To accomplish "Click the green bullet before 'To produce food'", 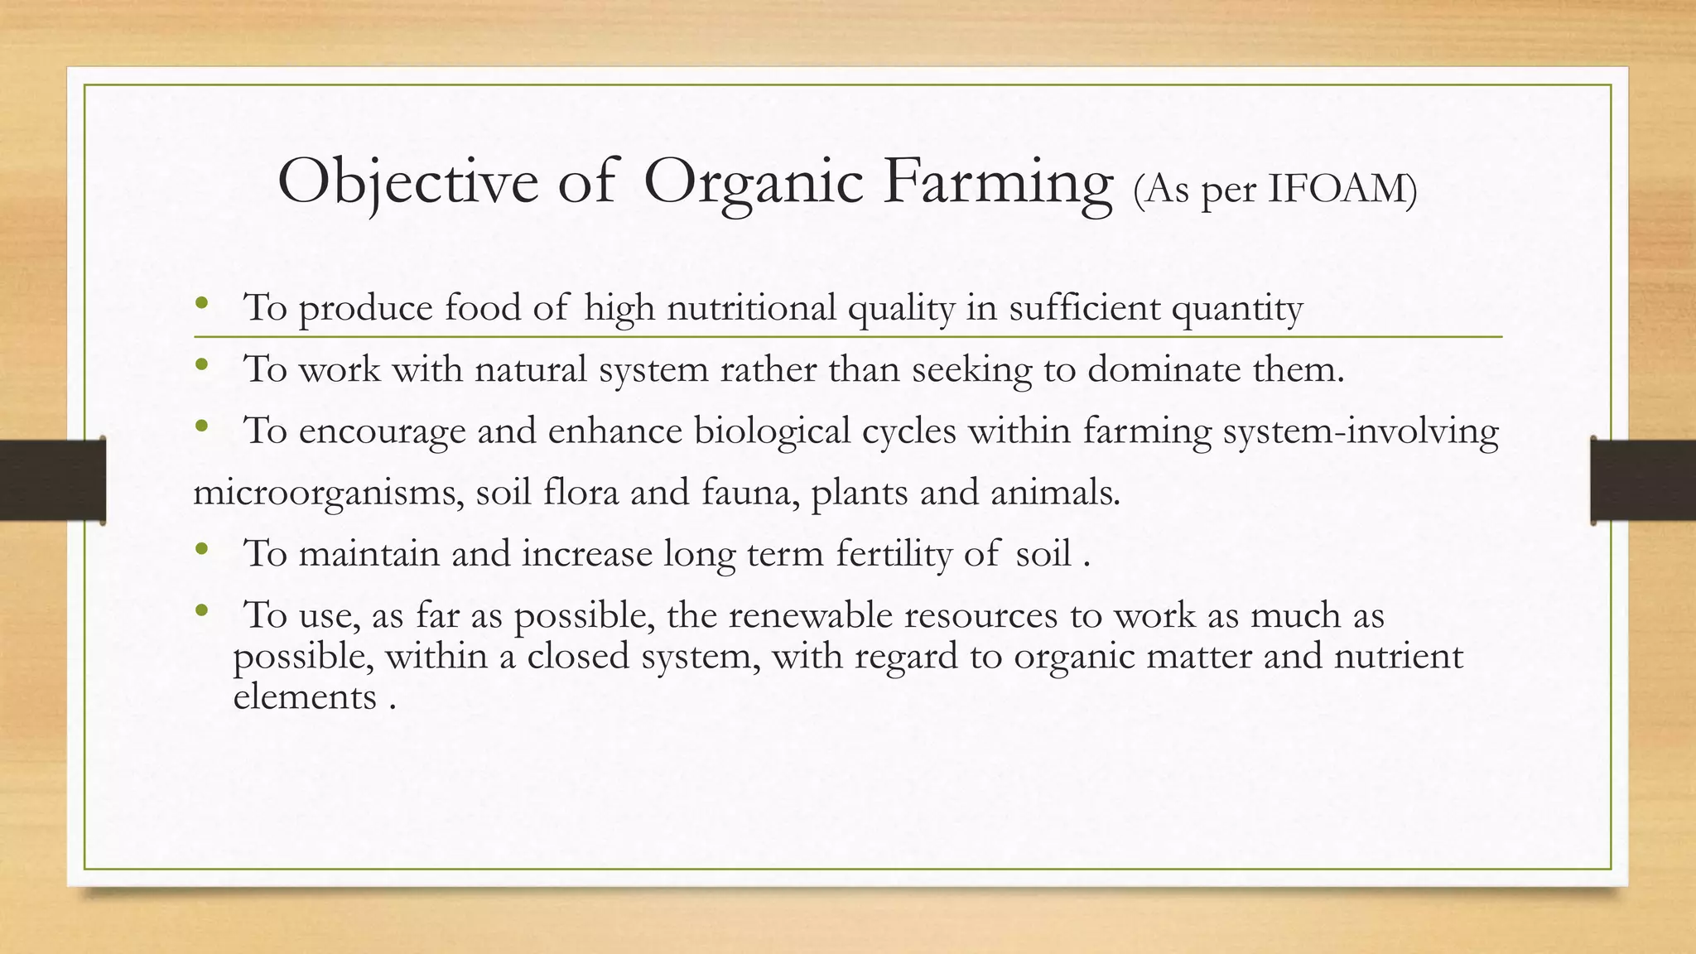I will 200,303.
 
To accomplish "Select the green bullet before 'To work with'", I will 200,364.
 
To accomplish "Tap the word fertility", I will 894,553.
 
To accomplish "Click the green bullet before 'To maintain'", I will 200,548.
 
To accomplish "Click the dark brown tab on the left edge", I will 52,480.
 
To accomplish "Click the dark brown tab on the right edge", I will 1643,480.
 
